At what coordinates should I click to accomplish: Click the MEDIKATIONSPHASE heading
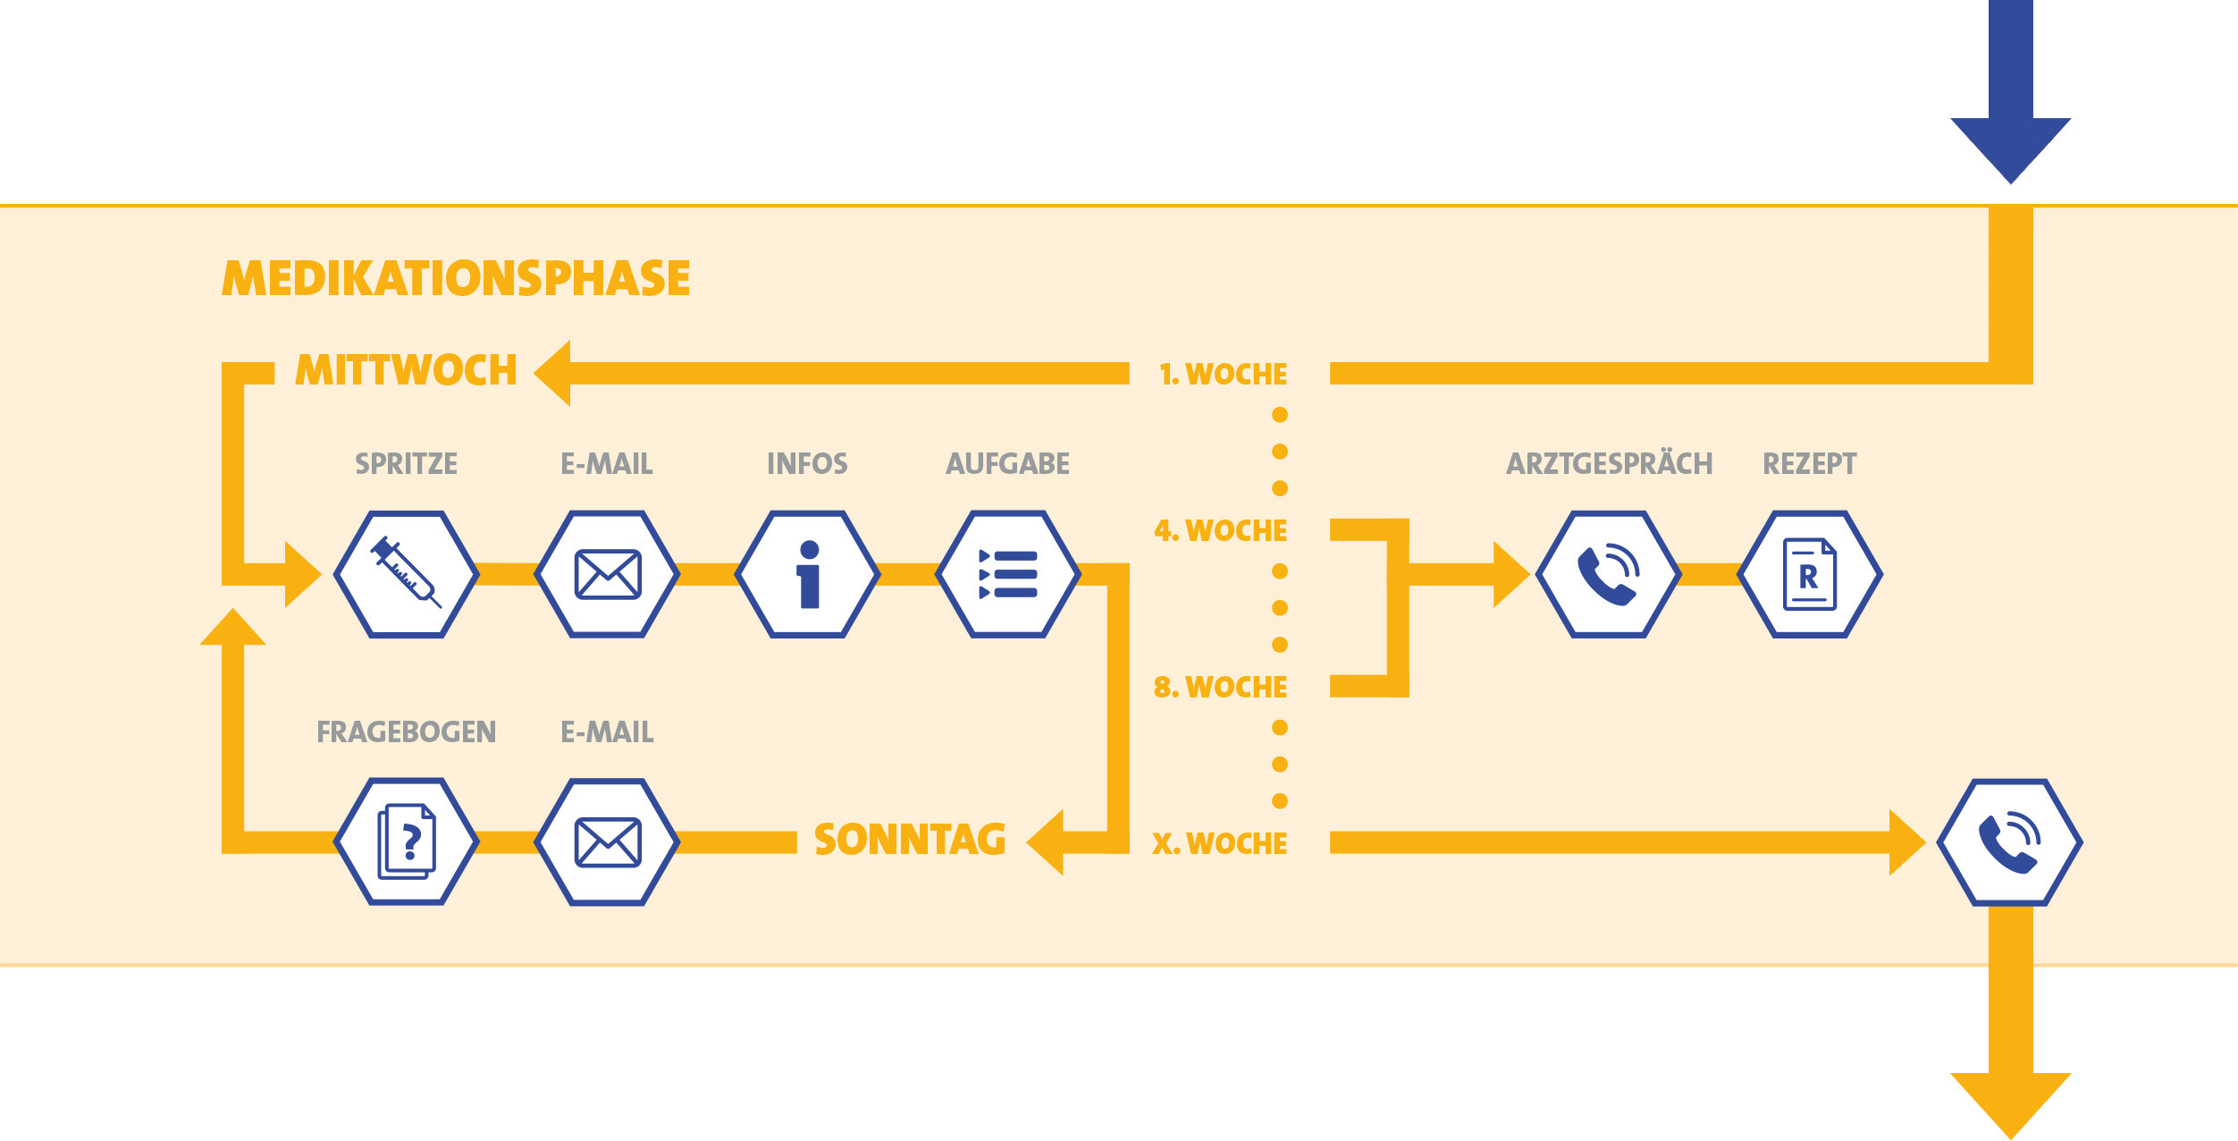tap(456, 278)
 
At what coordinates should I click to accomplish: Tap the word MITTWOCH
tap(407, 370)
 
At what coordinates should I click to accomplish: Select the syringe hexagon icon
tap(407, 574)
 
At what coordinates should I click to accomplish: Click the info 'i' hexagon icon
tap(808, 574)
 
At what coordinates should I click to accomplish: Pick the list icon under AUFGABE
tap(1008, 574)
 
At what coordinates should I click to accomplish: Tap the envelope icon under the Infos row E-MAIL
tap(608, 574)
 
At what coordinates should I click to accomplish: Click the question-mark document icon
tap(407, 842)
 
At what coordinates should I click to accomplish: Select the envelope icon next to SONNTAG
tap(608, 842)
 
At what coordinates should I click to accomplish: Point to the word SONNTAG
tap(910, 841)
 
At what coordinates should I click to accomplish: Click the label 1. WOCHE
tap(1223, 374)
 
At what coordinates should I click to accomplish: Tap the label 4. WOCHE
tap(1221, 530)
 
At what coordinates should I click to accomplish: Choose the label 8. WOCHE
tap(1221, 687)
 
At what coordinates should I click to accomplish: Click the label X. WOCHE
tap(1220, 843)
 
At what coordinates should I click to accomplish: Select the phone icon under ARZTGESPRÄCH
tap(1609, 574)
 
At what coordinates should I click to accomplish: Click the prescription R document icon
tap(1810, 574)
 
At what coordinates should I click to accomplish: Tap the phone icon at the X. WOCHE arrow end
tap(2010, 842)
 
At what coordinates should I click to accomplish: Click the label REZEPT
tap(1810, 464)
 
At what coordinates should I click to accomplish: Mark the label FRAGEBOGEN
tap(407, 732)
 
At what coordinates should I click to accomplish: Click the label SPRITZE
tap(407, 464)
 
